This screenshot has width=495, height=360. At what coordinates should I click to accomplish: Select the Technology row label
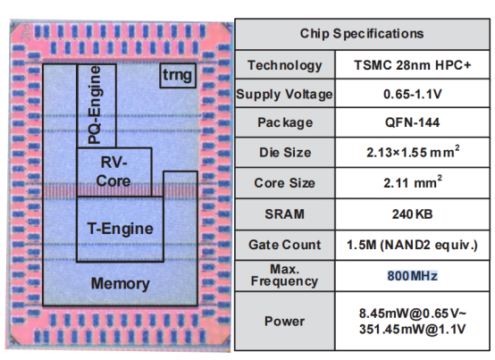point(283,64)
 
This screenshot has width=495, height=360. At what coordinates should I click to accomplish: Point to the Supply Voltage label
point(283,94)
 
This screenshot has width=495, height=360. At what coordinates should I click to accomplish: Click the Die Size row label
point(283,153)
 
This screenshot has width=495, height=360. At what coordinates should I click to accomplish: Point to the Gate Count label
point(283,243)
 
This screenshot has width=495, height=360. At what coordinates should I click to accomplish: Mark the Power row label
point(283,321)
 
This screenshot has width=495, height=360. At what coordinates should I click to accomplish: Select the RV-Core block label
point(114,172)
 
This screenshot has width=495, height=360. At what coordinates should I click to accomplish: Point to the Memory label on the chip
point(120,283)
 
